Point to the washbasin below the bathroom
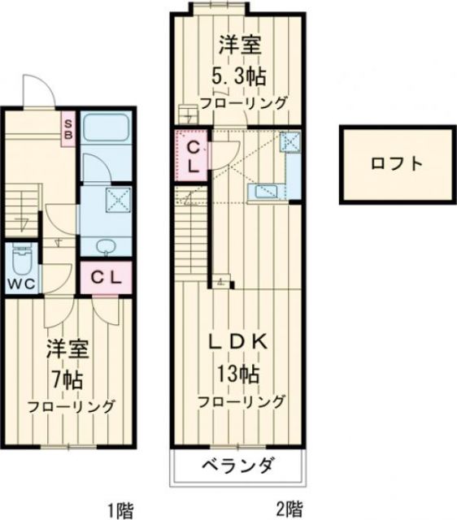pos(105,246)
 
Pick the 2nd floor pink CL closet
pos(192,156)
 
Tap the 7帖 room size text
pos(67,379)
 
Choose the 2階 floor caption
pos(289,510)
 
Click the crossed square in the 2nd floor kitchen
pos(290,142)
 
